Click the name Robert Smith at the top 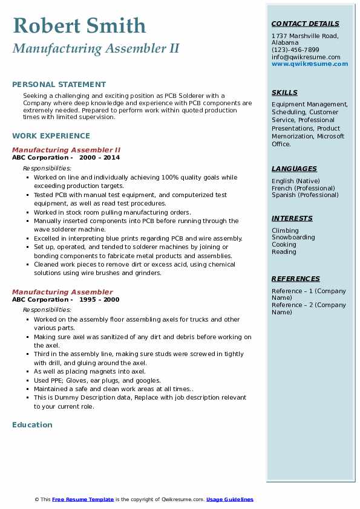(79, 25)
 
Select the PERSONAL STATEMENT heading (59, 85)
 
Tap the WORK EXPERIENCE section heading (51, 136)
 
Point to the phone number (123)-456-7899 (295, 50)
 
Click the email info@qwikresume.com (306, 57)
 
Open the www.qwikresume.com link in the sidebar (310, 63)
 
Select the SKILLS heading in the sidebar (284, 92)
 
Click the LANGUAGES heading (294, 169)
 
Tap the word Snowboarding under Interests (293, 238)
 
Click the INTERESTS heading (292, 218)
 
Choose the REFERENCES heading (296, 279)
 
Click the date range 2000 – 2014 (99, 158)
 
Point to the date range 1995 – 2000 (99, 300)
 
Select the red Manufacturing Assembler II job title (67, 150)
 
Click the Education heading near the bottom (32, 425)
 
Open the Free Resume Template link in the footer (83, 499)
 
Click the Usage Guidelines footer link (230, 499)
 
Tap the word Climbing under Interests (285, 230)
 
